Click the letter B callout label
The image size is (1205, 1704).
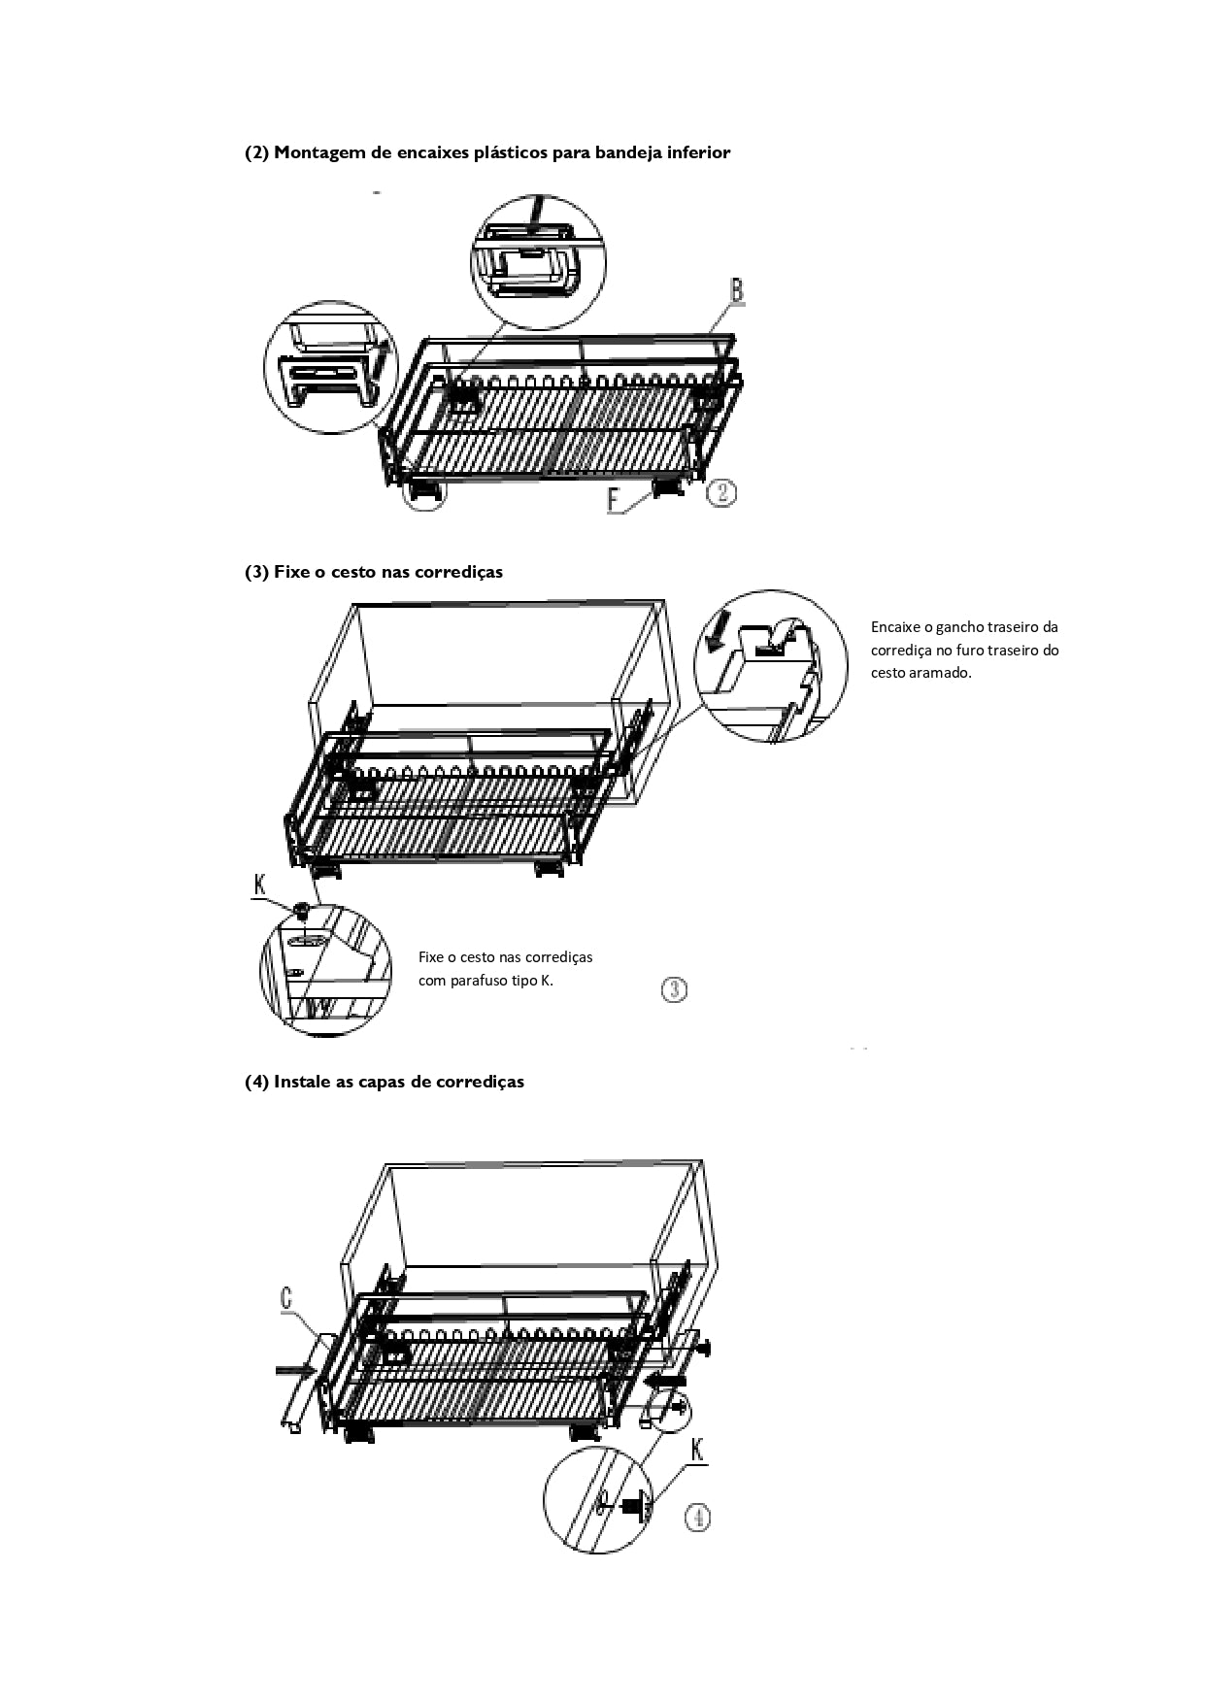tap(736, 290)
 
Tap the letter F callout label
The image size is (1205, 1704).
tap(614, 499)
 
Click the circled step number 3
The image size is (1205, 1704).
tap(675, 989)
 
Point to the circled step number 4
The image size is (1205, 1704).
tap(697, 1517)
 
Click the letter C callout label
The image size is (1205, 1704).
tap(286, 1298)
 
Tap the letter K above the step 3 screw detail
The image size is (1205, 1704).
tap(259, 884)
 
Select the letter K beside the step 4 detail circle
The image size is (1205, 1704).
tap(698, 1451)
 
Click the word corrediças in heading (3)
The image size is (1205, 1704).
tap(458, 572)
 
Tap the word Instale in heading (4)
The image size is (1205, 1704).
tap(302, 1082)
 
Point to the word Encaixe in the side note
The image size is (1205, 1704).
tap(895, 627)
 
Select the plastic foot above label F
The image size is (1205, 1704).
tap(670, 487)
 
